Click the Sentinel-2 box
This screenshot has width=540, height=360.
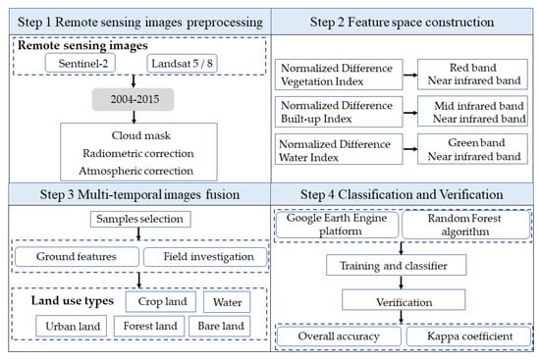[81, 64]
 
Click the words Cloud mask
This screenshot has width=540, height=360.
[136, 136]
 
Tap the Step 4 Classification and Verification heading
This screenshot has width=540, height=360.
[405, 194]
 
